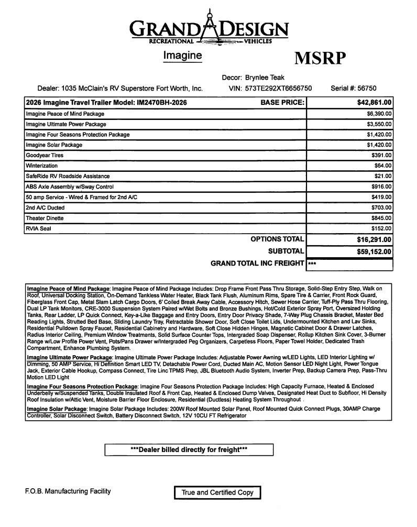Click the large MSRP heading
[320, 59]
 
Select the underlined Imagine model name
[182, 54]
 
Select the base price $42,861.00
[371, 103]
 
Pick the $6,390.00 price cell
[379, 114]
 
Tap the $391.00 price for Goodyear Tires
[381, 156]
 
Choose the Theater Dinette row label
[45, 218]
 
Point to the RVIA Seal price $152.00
[381, 228]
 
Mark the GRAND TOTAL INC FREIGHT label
[257, 263]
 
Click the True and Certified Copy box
[217, 492]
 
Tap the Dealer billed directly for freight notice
[189, 449]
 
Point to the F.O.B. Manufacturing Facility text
[68, 491]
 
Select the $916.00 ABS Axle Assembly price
[381, 186]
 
